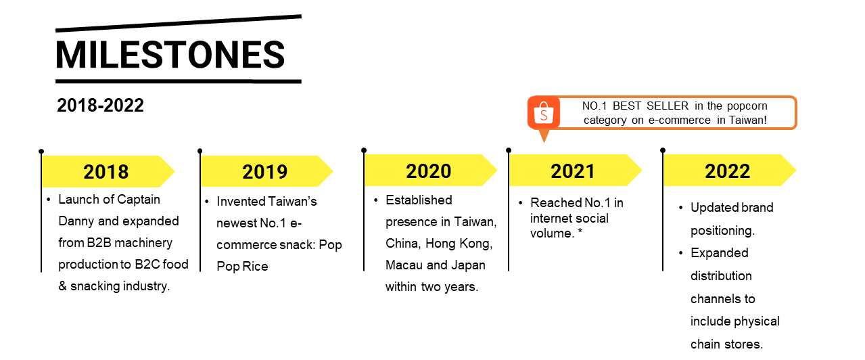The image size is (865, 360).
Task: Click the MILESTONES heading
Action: click(x=170, y=55)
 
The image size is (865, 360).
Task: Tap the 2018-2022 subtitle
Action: click(x=100, y=106)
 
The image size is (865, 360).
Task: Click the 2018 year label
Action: click(x=106, y=172)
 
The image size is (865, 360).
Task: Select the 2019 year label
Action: click(x=265, y=172)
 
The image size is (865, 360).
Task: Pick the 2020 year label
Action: click(x=429, y=171)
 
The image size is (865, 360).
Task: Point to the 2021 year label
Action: click(x=573, y=171)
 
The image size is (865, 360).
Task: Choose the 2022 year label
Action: click(x=728, y=171)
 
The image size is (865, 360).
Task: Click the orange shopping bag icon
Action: click(x=544, y=113)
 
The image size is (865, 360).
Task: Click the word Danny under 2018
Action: click(x=76, y=221)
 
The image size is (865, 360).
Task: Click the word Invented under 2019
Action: click(x=240, y=201)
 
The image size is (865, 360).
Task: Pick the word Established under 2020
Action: click(x=419, y=200)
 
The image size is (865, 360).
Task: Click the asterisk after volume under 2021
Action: click(x=580, y=231)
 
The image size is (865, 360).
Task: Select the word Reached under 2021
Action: click(x=555, y=202)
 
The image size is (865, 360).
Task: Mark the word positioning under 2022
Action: click(x=722, y=231)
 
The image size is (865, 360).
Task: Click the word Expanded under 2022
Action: click(x=720, y=252)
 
